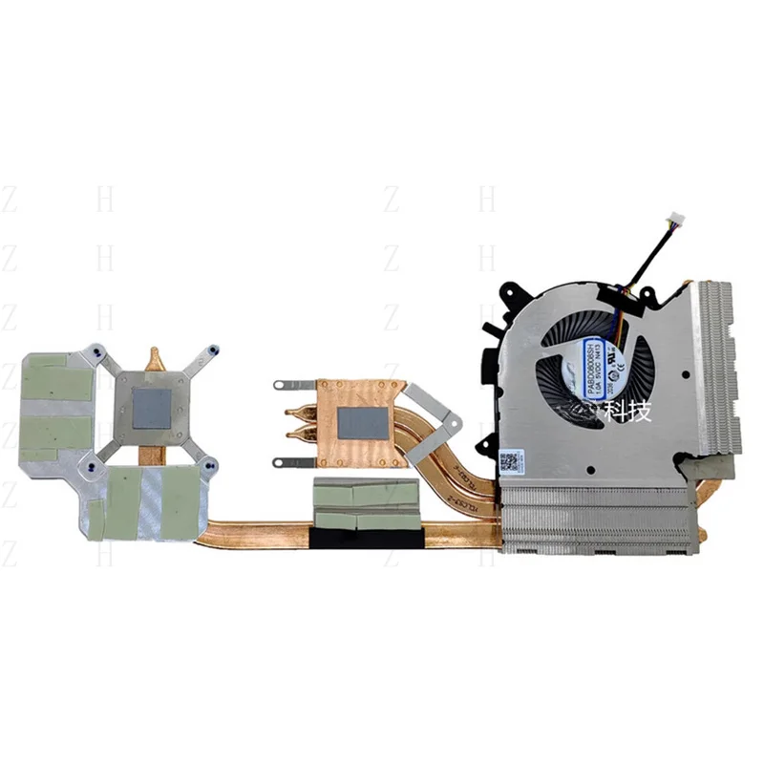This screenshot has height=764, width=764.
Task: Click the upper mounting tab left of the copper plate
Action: (x=283, y=386)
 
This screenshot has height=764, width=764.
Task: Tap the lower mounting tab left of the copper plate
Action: (x=283, y=463)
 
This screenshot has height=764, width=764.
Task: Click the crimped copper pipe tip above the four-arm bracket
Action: (x=155, y=358)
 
